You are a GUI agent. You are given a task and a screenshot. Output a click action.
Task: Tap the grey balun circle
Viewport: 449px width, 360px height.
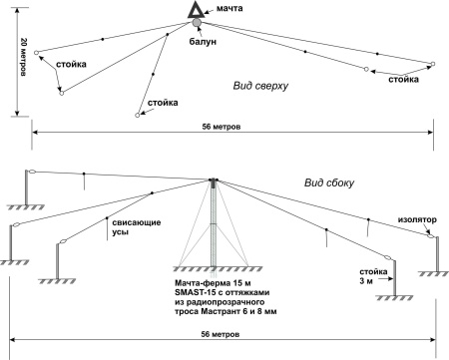197,23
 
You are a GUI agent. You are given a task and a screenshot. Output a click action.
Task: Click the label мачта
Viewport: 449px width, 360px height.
229,8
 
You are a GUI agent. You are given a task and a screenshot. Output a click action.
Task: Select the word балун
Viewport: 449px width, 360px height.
203,41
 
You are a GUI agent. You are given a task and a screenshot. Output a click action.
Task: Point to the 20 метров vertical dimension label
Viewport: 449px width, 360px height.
24,57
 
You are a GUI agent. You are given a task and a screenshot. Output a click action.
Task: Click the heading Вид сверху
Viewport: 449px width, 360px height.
260,86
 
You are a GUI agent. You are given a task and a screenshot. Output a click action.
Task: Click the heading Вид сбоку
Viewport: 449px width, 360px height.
329,182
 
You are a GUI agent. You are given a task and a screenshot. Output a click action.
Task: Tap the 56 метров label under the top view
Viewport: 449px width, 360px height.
222,127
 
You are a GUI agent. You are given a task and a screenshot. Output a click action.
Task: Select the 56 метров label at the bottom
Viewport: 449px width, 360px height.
221,334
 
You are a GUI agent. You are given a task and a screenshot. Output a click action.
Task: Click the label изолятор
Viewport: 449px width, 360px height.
417,219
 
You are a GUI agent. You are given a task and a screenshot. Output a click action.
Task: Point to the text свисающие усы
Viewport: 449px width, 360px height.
137,227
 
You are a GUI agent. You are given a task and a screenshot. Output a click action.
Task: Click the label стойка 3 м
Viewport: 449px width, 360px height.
373,276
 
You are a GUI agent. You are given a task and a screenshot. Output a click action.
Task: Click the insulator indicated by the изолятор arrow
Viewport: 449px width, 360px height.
431,236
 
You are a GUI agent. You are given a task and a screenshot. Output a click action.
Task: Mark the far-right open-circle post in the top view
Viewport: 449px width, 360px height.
433,64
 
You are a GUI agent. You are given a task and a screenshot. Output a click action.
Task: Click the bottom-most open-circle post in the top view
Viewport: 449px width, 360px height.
137,116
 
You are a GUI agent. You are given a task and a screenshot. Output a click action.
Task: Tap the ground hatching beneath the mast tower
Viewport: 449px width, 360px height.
218,268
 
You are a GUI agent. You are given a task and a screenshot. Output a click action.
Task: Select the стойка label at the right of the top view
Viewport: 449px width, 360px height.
403,80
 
